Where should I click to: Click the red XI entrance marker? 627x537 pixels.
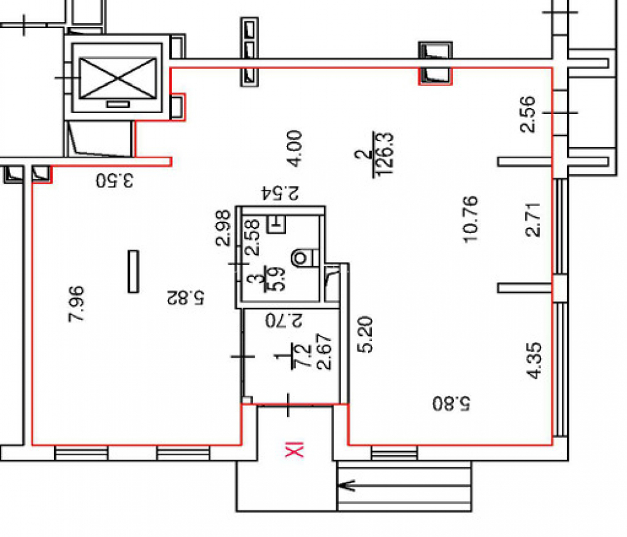click(294, 450)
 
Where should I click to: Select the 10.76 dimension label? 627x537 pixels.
click(470, 219)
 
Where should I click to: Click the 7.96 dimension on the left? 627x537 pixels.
click(76, 304)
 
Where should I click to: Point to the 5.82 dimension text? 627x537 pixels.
click(185, 298)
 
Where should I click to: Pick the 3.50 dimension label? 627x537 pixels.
click(115, 180)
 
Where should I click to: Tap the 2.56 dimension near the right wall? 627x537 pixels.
click(527, 114)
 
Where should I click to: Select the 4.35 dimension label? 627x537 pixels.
click(534, 360)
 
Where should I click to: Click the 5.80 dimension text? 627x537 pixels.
click(451, 404)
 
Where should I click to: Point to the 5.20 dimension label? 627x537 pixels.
click(365, 335)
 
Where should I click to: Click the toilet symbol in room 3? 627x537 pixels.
click(305, 258)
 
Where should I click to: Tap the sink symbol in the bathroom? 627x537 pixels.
click(277, 224)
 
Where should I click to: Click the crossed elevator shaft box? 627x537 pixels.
click(117, 78)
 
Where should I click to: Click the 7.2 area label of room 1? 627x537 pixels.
click(302, 356)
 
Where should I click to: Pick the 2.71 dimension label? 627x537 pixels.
click(532, 220)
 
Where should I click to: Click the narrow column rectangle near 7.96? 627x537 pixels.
click(133, 272)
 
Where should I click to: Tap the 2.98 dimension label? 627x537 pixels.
click(223, 228)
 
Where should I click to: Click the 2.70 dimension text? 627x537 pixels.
click(284, 320)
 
